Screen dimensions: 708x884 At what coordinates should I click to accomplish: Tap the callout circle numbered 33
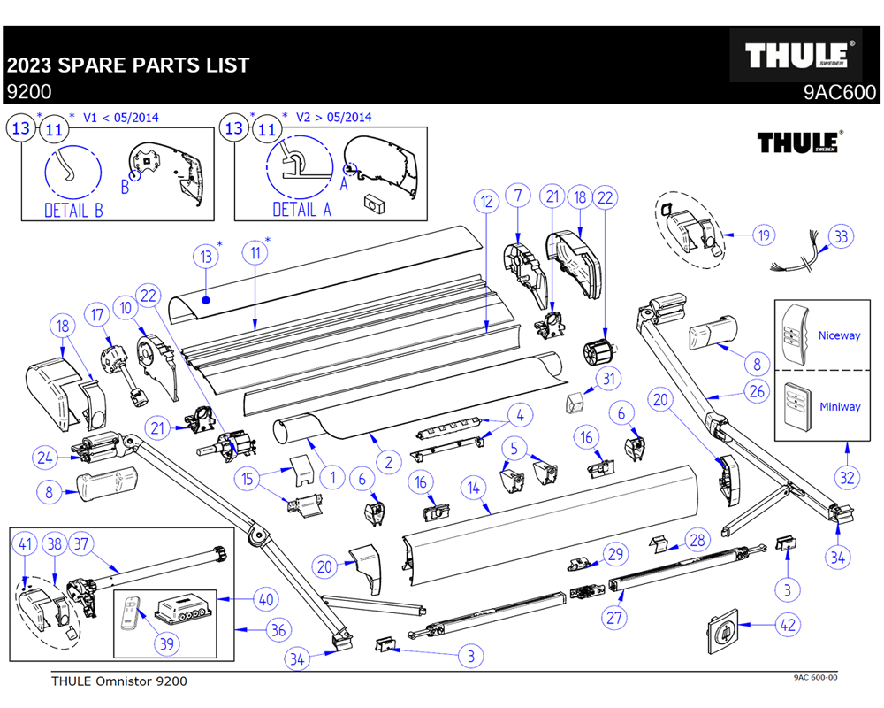[x=841, y=236]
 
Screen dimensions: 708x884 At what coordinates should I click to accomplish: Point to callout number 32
[x=848, y=478]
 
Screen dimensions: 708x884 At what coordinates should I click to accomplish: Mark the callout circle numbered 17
[x=96, y=313]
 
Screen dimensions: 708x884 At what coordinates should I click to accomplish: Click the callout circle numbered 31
[x=607, y=379]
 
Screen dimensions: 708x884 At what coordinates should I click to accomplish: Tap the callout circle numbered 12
[x=484, y=201]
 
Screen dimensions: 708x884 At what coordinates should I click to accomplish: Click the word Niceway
[x=838, y=335]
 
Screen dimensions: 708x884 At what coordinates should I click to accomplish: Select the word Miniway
[x=838, y=407]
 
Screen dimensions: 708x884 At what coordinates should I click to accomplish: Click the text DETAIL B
[x=73, y=211]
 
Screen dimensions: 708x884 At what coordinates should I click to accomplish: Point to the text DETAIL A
[x=301, y=210]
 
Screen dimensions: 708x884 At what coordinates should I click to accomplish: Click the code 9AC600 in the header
[x=839, y=92]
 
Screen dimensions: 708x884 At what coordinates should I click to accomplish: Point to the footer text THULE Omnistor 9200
[x=119, y=681]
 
